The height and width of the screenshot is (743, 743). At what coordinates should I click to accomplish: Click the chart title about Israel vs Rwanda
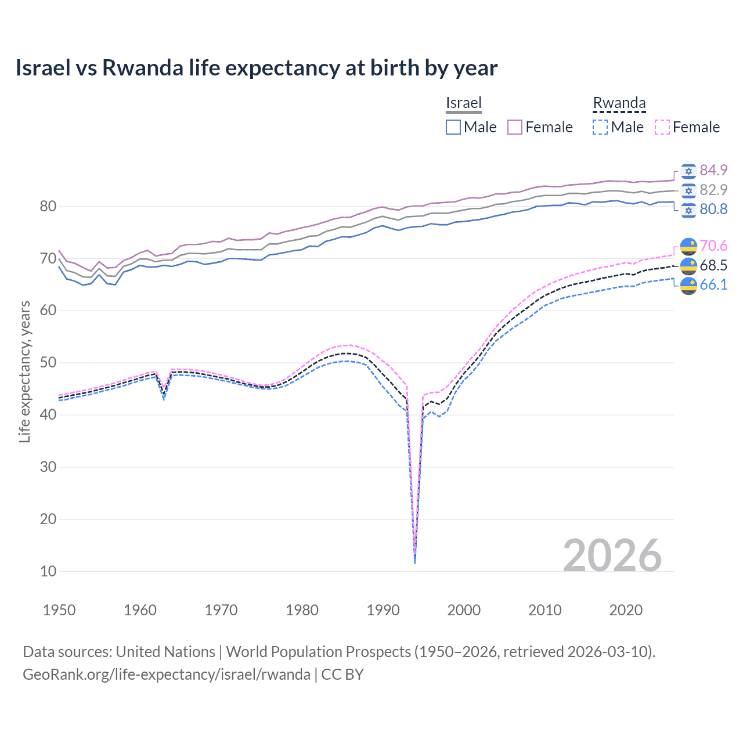coord(256,68)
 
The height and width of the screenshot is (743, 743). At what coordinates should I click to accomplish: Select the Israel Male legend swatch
coord(453,127)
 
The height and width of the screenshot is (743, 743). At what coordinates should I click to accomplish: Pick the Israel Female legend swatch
coord(515,127)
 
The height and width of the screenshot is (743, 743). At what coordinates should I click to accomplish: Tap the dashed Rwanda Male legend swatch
coord(600,127)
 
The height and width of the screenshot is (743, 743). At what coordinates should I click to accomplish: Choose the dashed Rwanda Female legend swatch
coord(662,127)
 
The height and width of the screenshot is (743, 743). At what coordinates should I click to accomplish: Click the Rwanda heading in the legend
coord(619,103)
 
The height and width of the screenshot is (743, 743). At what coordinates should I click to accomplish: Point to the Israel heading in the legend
coord(463,103)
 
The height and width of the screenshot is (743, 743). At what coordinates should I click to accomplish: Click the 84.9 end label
coord(713,170)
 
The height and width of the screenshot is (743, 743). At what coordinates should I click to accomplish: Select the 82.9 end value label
coord(713,190)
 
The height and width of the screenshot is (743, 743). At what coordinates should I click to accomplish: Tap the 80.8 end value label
coord(713,209)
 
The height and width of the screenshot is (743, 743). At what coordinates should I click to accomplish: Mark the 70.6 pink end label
coord(713,246)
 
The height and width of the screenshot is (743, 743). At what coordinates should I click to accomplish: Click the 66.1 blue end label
coord(713,284)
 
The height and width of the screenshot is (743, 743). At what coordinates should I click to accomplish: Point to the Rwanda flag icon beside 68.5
coord(688,266)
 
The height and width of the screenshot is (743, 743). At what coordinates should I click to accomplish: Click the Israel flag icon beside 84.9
coord(688,171)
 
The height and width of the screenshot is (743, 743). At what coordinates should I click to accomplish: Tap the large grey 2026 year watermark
coord(612,556)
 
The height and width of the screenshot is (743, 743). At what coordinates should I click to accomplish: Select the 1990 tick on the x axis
coord(383,610)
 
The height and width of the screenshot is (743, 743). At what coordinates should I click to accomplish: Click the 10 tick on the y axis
coord(48,571)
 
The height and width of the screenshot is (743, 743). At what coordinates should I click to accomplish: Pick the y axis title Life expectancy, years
coord(24,371)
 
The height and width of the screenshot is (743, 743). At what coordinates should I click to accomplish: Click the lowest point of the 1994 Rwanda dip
coord(414,562)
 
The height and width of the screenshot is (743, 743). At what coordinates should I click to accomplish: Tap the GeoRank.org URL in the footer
coord(166,675)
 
